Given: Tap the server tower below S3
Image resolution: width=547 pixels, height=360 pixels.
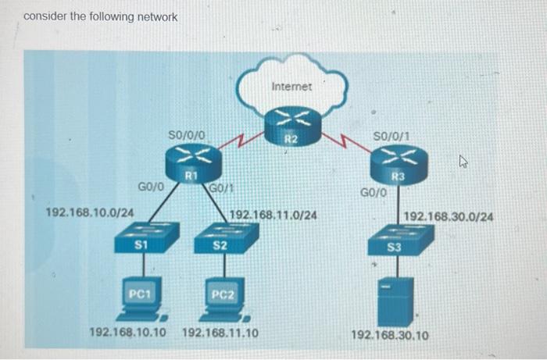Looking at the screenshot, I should pyautogui.click(x=396, y=301).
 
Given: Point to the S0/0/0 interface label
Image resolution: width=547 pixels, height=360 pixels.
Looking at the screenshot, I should pyautogui.click(x=187, y=136).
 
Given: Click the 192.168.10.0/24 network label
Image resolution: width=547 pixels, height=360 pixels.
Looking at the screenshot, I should pyautogui.click(x=90, y=212).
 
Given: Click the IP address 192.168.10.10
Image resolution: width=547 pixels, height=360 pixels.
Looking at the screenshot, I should pyautogui.click(x=128, y=333).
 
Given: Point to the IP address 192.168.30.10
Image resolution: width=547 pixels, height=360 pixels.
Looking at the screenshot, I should pyautogui.click(x=390, y=335).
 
